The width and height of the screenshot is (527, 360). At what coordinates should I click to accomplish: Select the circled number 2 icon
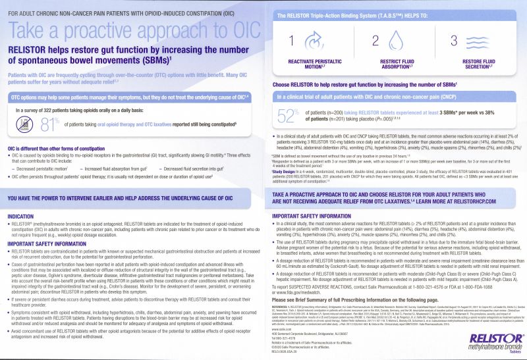tap(376, 41)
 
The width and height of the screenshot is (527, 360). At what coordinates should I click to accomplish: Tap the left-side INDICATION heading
tap(23, 216)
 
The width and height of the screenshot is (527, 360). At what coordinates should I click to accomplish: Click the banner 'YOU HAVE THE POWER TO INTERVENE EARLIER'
tap(135, 199)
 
